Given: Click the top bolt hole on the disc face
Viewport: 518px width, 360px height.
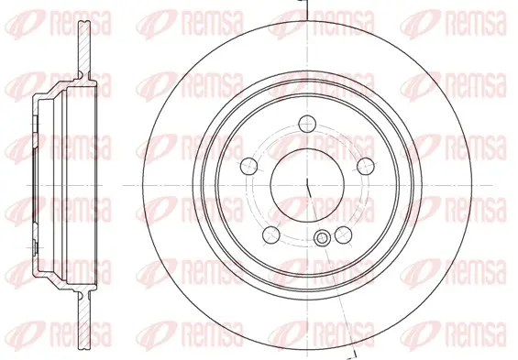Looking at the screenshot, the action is pos(307,124).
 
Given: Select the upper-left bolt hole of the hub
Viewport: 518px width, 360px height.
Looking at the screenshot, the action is pos(248,167).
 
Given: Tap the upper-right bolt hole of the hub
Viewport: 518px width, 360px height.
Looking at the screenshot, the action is pos(366,166).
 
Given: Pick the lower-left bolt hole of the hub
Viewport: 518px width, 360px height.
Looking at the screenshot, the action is pos(271,235).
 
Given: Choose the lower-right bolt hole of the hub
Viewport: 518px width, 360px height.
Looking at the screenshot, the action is pos(343,235).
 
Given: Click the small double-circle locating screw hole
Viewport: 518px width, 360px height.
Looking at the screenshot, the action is pos(322,237).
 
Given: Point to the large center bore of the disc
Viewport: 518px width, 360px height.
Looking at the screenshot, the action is pos(307,185).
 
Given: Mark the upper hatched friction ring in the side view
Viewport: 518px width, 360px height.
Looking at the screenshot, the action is pos(84,49).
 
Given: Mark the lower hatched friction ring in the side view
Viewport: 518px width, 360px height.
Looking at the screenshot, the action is pos(84,320).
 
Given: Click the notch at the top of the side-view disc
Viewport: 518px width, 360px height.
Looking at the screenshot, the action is pos(84,22).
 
